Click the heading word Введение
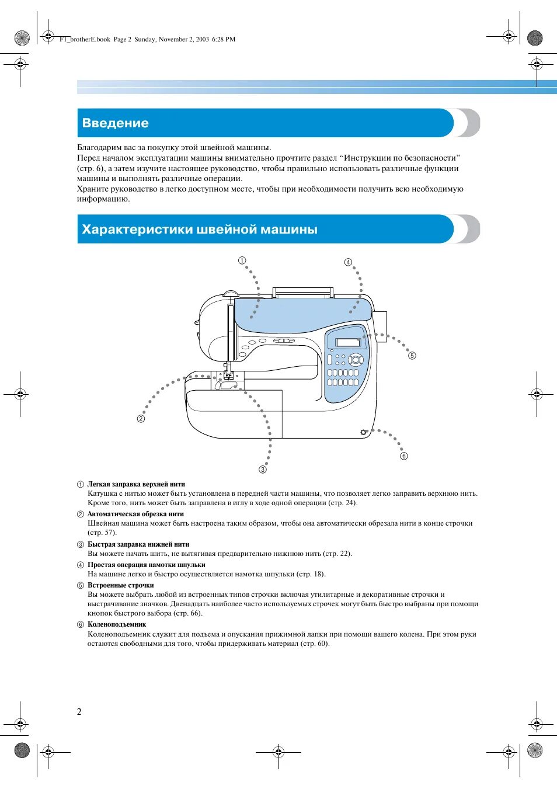point(116,123)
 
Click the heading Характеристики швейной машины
point(200,230)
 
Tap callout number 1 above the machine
point(242,260)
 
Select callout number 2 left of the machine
point(141,418)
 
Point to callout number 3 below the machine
point(263,470)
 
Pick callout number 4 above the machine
point(348,262)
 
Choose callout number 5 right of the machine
point(412,356)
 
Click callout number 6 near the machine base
point(404,456)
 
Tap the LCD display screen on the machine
point(347,342)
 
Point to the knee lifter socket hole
point(363,432)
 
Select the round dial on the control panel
point(356,360)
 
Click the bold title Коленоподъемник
point(117,624)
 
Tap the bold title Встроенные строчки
point(120,585)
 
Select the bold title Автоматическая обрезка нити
point(135,514)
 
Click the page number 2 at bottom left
point(79,711)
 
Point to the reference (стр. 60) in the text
point(315,644)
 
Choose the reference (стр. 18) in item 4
point(311,574)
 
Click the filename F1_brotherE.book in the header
point(85,39)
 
